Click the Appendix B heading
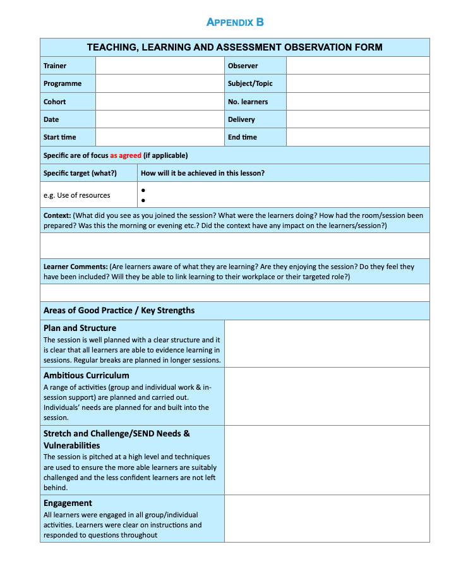point(235,22)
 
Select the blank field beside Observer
point(357,66)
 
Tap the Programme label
point(63,83)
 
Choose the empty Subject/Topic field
point(357,83)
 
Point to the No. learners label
point(248,102)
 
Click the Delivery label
point(241,119)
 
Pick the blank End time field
point(357,137)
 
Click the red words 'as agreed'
point(126,155)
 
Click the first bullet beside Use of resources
point(143,190)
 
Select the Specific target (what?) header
point(80,173)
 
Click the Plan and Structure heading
point(80,328)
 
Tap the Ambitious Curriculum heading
point(86,375)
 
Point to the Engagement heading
point(68,503)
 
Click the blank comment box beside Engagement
point(327,519)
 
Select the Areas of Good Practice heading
point(119,310)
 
